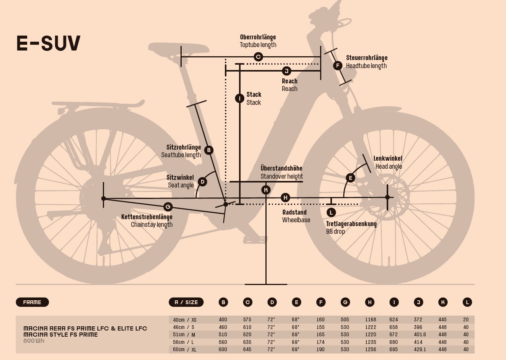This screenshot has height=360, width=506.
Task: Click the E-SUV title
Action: tap(49, 43)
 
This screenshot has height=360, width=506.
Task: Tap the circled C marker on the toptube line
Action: tap(258, 57)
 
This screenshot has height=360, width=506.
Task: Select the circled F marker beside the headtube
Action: tap(337, 65)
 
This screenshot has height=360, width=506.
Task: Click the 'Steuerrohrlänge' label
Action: tap(366, 58)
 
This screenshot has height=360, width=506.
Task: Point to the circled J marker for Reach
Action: tap(286, 71)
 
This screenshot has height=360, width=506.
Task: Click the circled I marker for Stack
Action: tap(239, 98)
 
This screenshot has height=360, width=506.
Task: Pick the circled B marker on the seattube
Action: tap(208, 150)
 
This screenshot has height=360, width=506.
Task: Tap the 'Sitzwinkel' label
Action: tap(180, 178)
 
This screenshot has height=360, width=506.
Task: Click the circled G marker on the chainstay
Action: tap(168, 207)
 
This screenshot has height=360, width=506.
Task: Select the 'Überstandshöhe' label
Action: tap(281, 168)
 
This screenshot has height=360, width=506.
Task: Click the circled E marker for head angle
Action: tap(350, 178)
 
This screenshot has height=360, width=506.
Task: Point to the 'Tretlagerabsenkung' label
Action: tap(351, 224)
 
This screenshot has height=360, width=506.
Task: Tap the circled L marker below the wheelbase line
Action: tap(331, 212)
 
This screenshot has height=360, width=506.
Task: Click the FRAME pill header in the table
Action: tap(32, 302)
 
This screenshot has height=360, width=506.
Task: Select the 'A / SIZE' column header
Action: tap(186, 302)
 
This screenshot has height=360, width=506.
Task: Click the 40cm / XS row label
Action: tap(185, 320)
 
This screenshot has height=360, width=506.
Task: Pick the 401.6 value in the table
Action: tap(420, 334)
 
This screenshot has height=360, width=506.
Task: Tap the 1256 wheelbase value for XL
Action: tap(371, 349)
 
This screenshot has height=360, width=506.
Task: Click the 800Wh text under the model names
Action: tap(34, 341)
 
